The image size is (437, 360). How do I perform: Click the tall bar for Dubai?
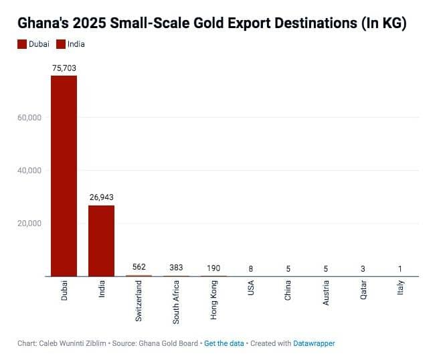[64, 175]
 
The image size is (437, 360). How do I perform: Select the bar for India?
[102, 240]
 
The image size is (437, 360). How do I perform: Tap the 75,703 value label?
[64, 68]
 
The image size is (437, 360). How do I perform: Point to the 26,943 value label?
[102, 197]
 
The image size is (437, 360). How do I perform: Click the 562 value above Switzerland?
[139, 267]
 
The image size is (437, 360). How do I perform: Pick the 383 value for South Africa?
[177, 268]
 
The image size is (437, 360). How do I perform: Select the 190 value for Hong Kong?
[214, 268]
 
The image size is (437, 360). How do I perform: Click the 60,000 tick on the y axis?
[29, 118]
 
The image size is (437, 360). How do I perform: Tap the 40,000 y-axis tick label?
[29, 171]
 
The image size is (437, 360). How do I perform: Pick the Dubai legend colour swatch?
[22, 44]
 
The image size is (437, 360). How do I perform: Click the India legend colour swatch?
[61, 44]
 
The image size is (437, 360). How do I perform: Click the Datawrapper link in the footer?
[314, 343]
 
